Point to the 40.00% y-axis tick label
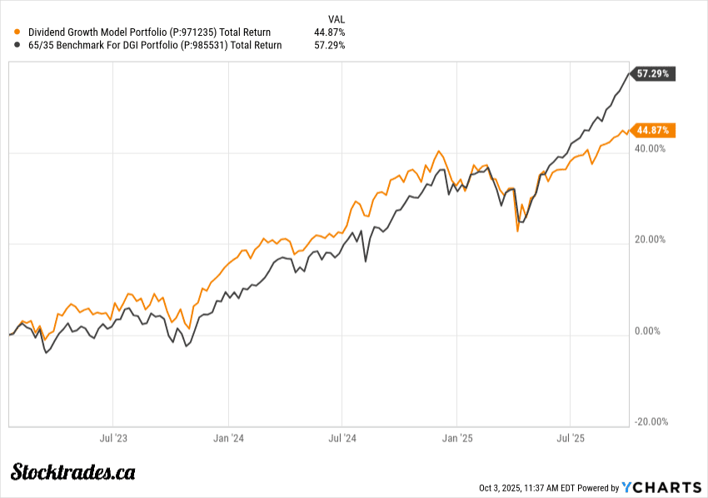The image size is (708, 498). (x=651, y=148)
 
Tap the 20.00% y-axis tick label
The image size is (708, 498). (x=651, y=240)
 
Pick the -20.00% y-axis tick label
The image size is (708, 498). (x=651, y=421)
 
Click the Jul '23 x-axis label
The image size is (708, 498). (x=113, y=437)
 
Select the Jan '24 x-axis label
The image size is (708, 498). (x=228, y=437)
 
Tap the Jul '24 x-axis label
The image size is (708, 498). (x=342, y=437)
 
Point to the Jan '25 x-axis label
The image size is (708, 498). (x=456, y=437)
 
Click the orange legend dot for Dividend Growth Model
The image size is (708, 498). (x=18, y=32)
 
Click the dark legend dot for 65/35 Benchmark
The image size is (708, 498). (x=18, y=45)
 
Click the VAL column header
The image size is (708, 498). (x=337, y=18)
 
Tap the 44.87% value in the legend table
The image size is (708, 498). (x=330, y=32)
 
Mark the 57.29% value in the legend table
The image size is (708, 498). (x=330, y=45)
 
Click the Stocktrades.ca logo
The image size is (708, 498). (x=73, y=473)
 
